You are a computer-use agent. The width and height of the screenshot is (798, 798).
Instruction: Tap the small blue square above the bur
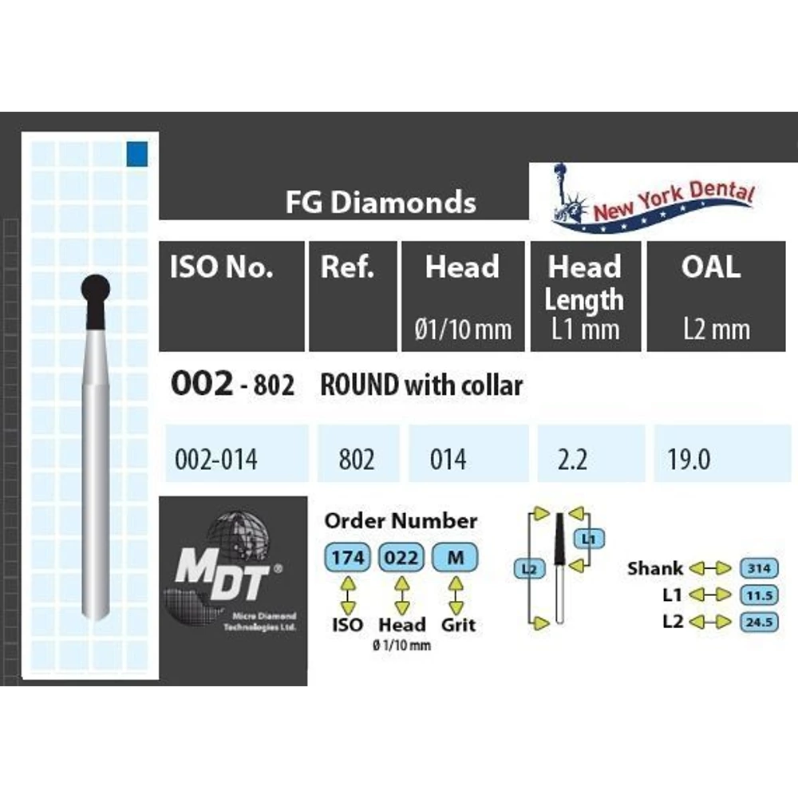click(137, 152)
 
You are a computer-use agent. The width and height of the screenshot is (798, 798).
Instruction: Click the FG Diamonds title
click(381, 202)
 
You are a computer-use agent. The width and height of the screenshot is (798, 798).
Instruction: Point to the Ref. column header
click(347, 268)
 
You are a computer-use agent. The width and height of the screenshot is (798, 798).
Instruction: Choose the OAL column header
click(709, 268)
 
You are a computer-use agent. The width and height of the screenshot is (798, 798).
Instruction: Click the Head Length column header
click(584, 284)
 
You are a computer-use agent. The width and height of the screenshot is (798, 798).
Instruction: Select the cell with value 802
click(357, 460)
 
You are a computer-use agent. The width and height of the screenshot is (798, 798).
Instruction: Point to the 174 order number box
click(347, 558)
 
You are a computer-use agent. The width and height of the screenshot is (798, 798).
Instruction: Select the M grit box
click(455, 558)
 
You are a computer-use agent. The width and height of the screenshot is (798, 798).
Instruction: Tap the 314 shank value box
click(759, 568)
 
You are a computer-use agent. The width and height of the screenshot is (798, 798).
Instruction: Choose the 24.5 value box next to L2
click(759, 621)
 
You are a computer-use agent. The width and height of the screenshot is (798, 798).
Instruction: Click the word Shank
click(655, 568)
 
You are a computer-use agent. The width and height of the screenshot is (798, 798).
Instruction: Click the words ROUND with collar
click(421, 386)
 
